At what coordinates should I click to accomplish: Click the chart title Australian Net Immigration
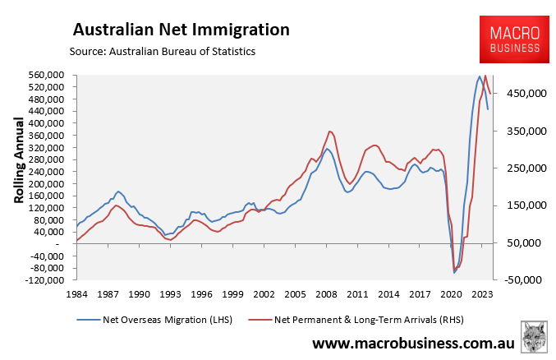182,30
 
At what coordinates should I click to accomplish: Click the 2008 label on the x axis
326,293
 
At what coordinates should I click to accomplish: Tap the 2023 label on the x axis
482,293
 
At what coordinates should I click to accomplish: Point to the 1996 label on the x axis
201,293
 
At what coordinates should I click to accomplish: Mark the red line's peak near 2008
329,131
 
